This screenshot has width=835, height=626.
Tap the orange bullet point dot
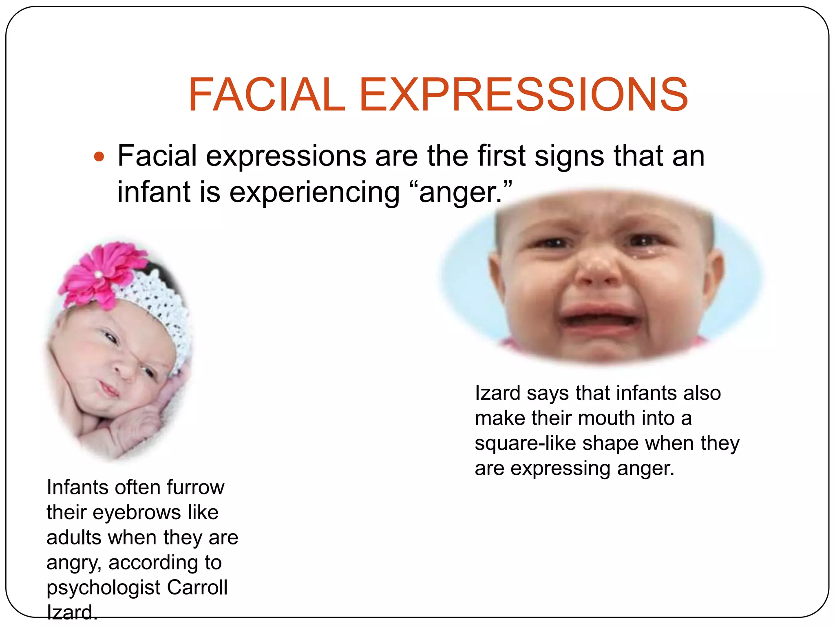(99, 156)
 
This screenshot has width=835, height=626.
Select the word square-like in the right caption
(526, 443)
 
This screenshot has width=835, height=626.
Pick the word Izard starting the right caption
(498, 393)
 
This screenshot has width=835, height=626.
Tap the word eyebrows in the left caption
(136, 512)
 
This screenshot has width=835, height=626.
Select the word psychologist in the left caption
(104, 588)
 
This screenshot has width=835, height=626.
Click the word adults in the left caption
(73, 538)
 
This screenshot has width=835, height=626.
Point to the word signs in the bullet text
(569, 156)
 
